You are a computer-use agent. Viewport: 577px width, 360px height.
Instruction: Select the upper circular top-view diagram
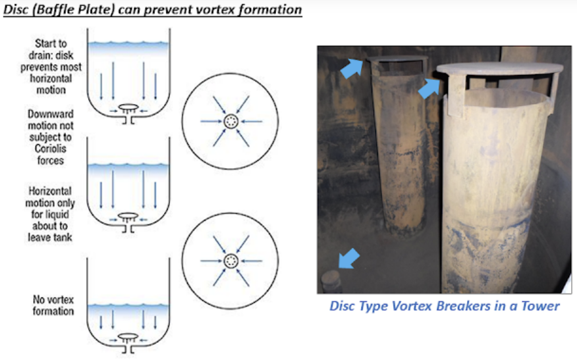(x=231, y=121)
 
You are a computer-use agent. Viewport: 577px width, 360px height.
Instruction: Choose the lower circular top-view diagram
(x=231, y=261)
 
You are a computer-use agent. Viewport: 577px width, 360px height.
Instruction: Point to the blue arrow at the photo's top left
(x=352, y=66)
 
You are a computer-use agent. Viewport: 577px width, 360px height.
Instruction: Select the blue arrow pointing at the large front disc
(x=429, y=88)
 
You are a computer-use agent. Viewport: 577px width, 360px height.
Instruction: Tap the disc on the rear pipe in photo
(x=395, y=61)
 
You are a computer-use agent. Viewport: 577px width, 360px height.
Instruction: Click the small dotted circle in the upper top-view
(x=231, y=121)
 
